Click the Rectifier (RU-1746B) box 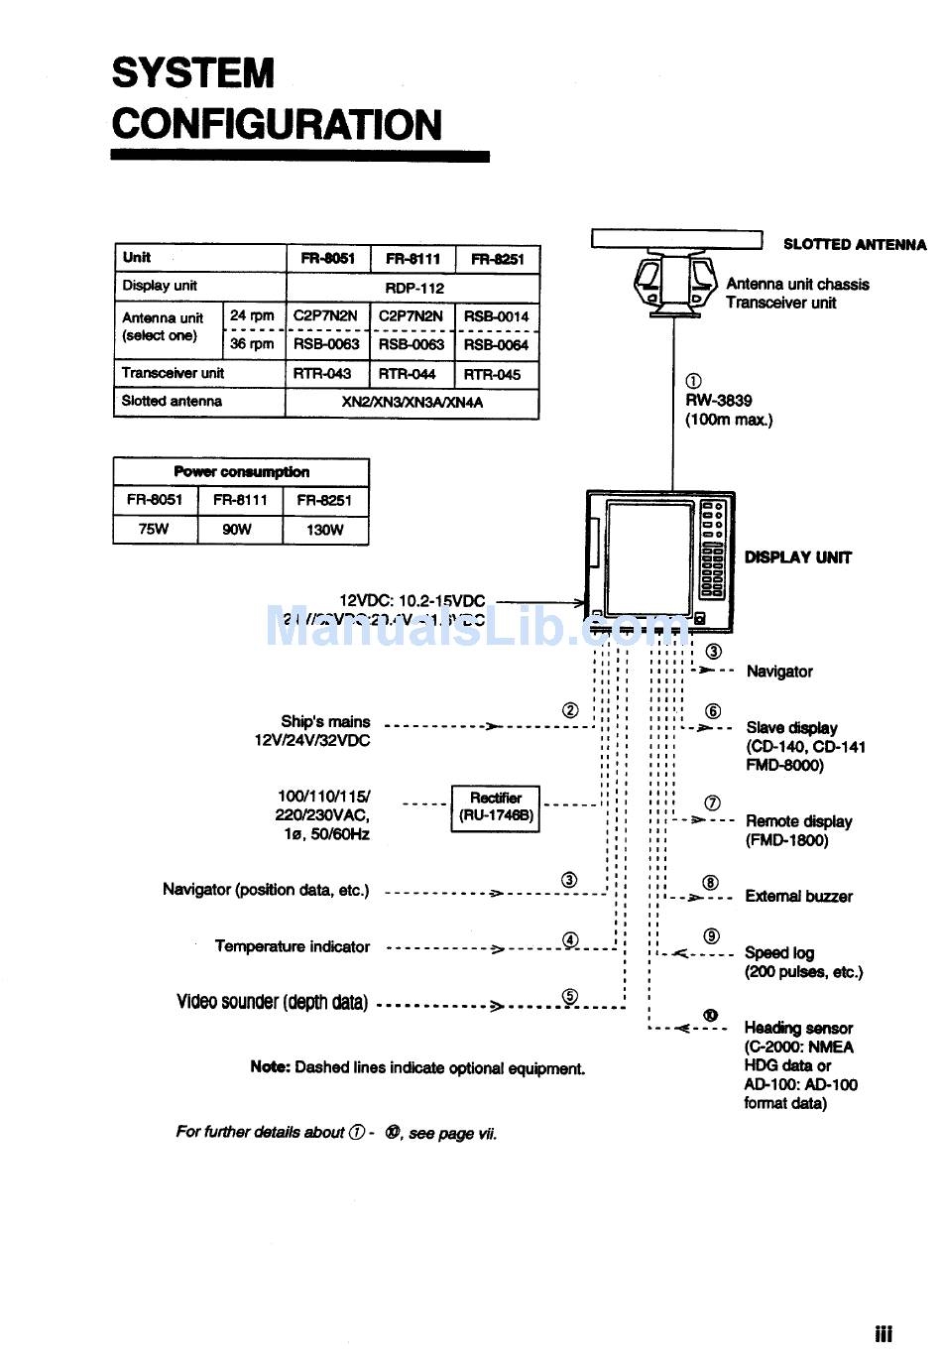[x=496, y=806]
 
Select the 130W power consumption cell [x=324, y=530]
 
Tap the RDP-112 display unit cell [x=414, y=288]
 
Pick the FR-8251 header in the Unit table [x=497, y=259]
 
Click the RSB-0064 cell [x=497, y=344]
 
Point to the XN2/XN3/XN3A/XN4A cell [x=412, y=403]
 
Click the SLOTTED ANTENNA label [x=854, y=244]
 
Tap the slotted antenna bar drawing [x=676, y=240]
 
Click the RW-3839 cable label [x=719, y=401]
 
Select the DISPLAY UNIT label [x=798, y=557]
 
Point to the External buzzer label [x=798, y=897]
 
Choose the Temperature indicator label [x=293, y=946]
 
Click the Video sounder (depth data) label [x=273, y=1002]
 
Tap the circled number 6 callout [x=713, y=711]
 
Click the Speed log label [x=779, y=952]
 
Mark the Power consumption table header [x=241, y=472]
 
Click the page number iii [x=883, y=1334]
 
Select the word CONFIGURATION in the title [x=277, y=125]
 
